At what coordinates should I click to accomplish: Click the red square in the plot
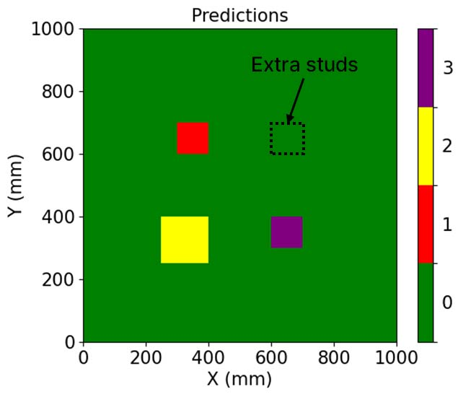coord(193,138)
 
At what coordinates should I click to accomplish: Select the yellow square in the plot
coord(185,240)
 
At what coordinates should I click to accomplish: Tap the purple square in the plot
coord(286,232)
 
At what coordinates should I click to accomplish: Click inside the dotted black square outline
coord(287,139)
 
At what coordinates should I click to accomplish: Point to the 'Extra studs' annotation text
coord(304,65)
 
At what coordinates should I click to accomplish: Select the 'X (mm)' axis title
coord(239,379)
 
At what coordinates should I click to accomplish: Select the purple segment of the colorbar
coord(426,68)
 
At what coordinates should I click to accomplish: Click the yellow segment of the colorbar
coord(426,146)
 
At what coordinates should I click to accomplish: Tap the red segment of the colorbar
coord(426,224)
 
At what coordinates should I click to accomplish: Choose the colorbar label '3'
coord(447,68)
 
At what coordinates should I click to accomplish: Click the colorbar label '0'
coord(447,302)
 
